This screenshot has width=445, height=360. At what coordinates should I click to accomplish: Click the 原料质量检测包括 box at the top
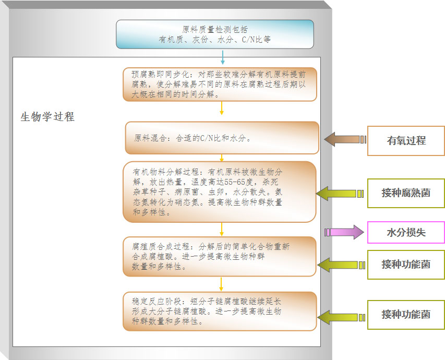(x=214, y=34)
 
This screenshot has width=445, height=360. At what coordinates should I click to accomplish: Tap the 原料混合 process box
(x=222, y=138)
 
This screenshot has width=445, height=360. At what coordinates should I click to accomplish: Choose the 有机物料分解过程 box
(x=220, y=191)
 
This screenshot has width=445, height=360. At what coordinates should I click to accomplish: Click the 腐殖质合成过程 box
(x=220, y=256)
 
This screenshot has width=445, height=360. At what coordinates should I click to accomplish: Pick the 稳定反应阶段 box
(x=220, y=311)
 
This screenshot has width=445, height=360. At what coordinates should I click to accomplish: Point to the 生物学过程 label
(x=47, y=117)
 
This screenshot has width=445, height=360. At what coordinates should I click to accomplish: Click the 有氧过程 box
(x=406, y=141)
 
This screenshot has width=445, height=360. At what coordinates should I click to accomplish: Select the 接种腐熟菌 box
(x=406, y=193)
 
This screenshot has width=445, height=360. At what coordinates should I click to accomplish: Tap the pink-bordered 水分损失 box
(x=406, y=233)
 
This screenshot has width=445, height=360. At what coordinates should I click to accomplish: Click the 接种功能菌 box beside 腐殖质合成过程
(x=406, y=265)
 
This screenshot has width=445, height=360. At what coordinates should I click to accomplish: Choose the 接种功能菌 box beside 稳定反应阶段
(x=406, y=315)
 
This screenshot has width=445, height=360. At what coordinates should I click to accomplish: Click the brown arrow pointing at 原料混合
(x=344, y=139)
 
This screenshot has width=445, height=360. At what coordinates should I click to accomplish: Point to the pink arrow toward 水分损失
(x=344, y=232)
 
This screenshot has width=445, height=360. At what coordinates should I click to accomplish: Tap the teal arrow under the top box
(x=223, y=57)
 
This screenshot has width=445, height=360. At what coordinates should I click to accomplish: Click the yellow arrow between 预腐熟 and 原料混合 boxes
(x=222, y=108)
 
